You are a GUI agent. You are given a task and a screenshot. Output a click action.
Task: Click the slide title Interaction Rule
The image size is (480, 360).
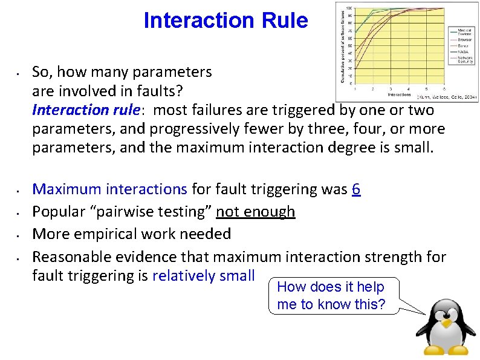(225, 21)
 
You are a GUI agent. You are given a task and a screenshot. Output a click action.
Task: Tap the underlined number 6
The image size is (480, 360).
(356, 189)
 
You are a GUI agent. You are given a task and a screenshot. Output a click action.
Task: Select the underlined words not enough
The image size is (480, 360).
(256, 212)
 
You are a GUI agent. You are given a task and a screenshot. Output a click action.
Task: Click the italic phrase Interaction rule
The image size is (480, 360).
(85, 110)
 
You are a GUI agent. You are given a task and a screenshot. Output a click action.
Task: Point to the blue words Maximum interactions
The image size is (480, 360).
(109, 189)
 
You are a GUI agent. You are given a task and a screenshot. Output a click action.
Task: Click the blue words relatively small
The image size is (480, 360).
(204, 276)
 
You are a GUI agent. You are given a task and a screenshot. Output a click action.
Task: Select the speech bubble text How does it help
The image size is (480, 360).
(330, 287)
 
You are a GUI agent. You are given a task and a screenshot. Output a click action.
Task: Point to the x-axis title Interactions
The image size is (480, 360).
(398, 94)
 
